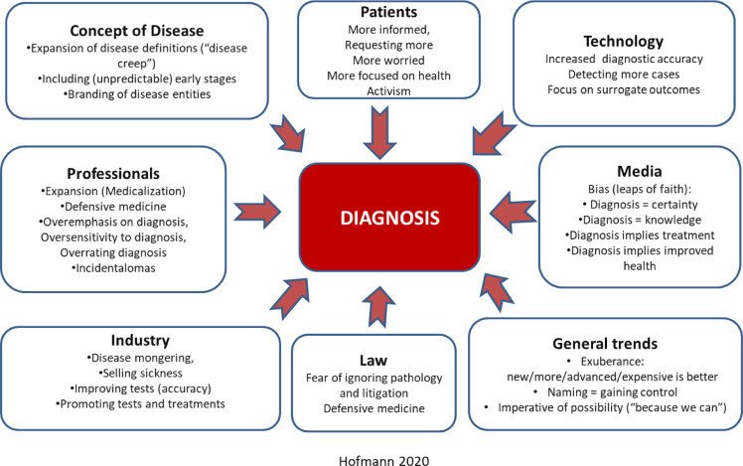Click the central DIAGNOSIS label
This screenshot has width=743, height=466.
coord(389,218)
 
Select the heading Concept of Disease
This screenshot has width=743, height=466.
coord(137,31)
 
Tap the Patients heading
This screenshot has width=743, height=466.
coord(388,12)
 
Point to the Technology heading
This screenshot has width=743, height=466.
coord(623,42)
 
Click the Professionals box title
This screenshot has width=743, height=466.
coord(113,174)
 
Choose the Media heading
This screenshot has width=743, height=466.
coord(640,171)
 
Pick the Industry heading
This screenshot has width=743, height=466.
coord(140,341)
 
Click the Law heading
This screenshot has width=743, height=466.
coord(373,361)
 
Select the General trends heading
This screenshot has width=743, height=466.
coord(605,344)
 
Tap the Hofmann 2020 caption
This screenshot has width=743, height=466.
coord(384,460)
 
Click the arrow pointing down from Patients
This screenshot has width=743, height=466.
coord(379,132)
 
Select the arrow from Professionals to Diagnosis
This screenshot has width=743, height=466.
coord(257,212)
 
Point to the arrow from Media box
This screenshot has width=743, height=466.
coord(513,212)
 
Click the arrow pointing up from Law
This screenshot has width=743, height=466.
coord(378,307)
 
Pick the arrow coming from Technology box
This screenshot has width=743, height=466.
coord(494,134)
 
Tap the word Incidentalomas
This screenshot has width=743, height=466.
coord(113,268)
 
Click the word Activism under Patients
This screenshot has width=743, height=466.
coord(388,91)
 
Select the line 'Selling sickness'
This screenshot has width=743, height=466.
coord(141,373)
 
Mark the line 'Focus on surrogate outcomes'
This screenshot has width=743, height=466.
coord(624,89)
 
